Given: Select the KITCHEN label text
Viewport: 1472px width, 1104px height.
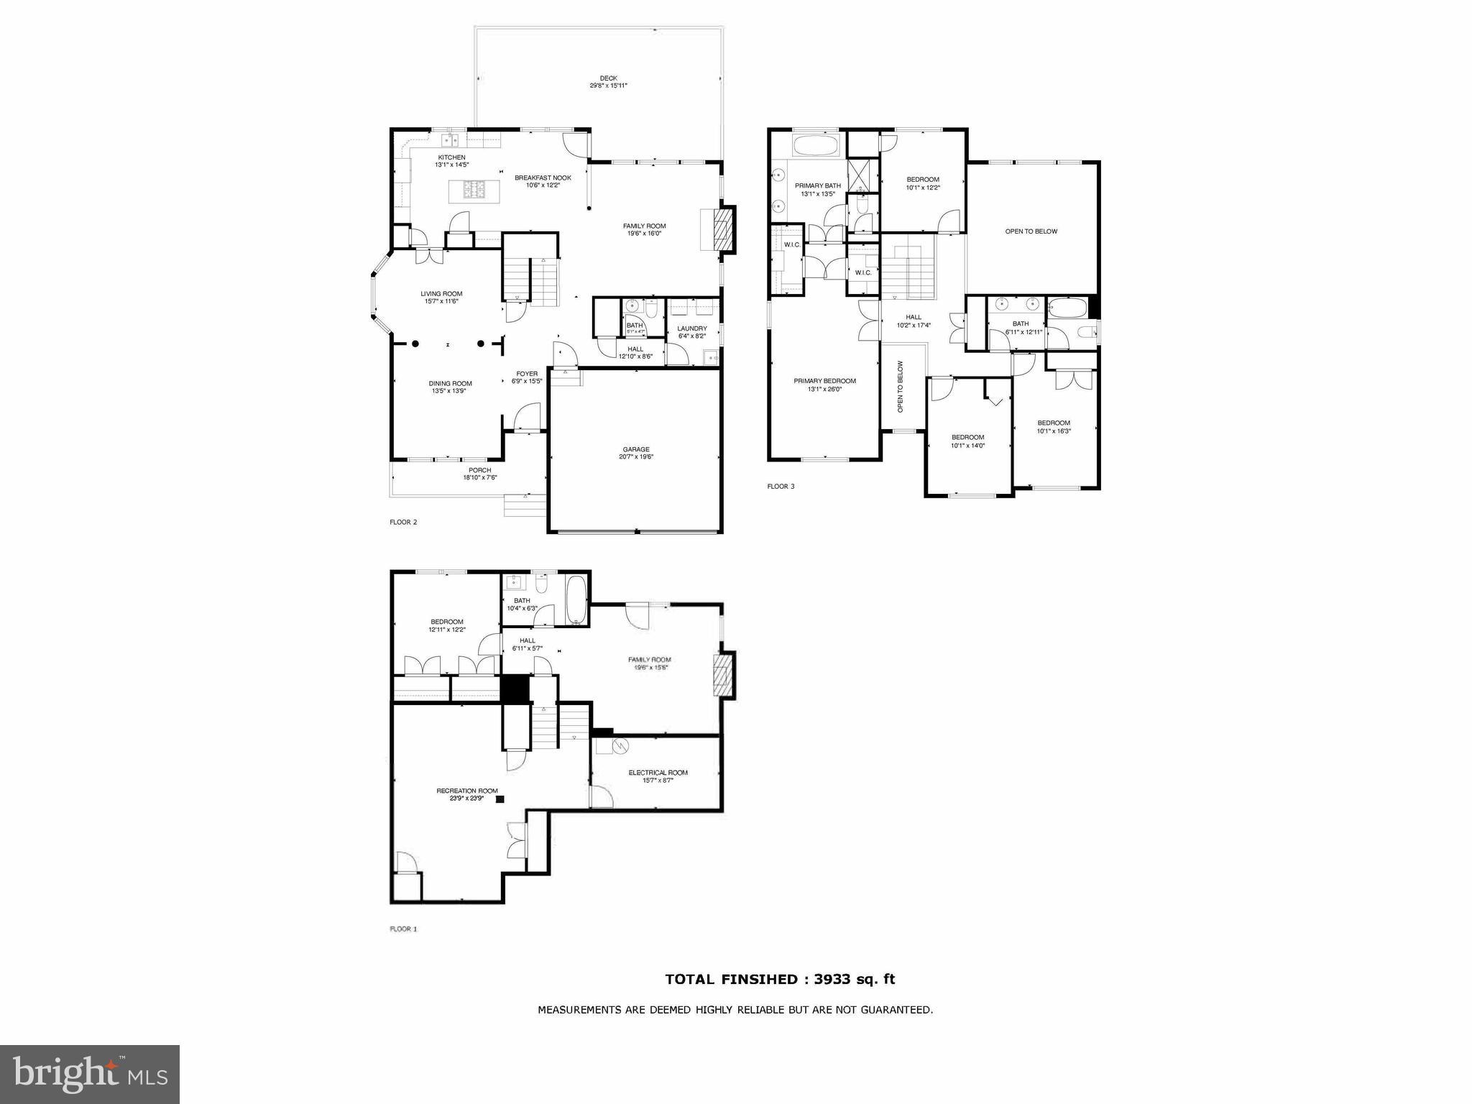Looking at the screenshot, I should (x=451, y=157).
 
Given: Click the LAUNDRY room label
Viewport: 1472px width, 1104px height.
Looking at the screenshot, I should (x=692, y=328).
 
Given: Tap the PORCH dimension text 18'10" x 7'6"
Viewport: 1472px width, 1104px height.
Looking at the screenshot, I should (x=479, y=477).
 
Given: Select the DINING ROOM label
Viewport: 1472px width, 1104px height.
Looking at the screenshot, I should (x=451, y=384).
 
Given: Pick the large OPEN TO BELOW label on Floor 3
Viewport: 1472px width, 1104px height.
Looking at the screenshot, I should (x=1031, y=231).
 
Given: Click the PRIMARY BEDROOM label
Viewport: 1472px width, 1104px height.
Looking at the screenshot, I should (x=824, y=381).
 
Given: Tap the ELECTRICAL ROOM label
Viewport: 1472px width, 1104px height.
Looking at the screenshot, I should (x=658, y=773).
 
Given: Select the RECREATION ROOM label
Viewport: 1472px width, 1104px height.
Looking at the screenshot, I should (x=466, y=791).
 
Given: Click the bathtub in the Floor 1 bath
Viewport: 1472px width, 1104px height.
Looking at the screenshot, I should (x=576, y=599).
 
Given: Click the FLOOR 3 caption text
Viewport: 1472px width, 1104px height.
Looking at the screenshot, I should (x=781, y=487).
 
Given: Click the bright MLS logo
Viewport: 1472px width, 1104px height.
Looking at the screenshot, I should (x=90, y=1075).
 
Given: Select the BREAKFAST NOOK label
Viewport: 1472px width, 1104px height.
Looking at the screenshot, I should (x=543, y=178).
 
